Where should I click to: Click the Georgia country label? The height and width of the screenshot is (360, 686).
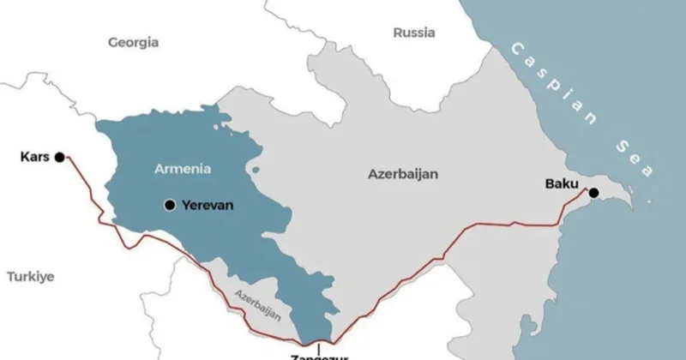133,41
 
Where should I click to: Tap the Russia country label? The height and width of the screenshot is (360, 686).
414,33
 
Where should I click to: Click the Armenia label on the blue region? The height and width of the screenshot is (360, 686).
182,169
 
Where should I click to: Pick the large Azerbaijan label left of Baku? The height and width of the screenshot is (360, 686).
403,173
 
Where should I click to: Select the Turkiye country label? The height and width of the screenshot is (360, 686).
31,276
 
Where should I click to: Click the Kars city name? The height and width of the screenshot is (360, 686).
33,157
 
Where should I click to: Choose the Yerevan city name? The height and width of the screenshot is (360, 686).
208,205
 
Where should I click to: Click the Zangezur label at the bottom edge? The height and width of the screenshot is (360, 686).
319,355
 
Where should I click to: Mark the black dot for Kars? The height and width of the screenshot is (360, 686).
59,157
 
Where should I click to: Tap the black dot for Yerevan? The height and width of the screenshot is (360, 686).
170,205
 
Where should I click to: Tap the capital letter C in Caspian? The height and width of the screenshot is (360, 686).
514,48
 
